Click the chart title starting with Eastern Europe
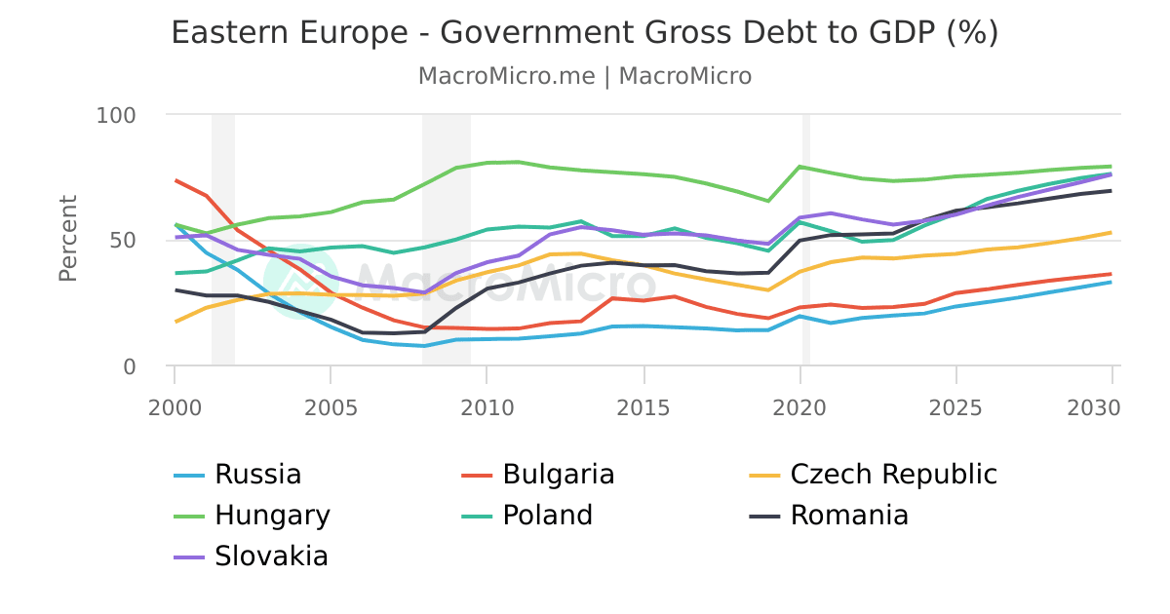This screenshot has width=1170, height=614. point(584,33)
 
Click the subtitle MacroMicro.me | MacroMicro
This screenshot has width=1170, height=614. point(584,76)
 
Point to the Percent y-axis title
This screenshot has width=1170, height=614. point(67,239)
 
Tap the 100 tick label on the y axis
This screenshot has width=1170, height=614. point(116,115)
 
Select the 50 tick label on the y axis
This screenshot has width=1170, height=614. point(125,241)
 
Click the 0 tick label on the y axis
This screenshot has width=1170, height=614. point(130,366)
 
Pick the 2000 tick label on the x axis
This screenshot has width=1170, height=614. point(175,406)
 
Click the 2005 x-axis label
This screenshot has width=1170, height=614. point(331,406)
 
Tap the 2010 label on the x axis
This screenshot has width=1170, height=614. point(487,406)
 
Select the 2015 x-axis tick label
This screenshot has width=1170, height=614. point(643,406)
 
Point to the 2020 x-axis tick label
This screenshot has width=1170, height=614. point(799,406)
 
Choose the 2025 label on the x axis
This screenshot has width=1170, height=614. point(955,406)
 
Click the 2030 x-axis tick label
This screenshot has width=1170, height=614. point(1111,406)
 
